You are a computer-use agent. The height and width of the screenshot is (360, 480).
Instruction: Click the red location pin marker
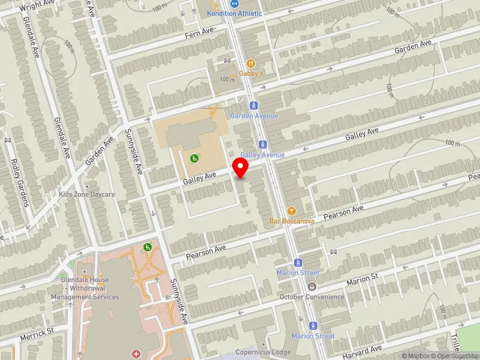(x=241, y=167)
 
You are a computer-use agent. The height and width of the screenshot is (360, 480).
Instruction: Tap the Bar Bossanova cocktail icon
(x=292, y=211)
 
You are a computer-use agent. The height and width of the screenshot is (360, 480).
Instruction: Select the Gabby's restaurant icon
(x=251, y=63)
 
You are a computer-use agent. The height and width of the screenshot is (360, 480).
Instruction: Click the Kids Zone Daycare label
(x=87, y=194)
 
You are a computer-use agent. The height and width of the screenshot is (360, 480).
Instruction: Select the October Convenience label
(x=312, y=296)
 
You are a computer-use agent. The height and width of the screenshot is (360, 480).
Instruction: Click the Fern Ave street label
(x=199, y=31)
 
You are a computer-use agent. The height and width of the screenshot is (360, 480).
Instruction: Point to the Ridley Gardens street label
(x=20, y=182)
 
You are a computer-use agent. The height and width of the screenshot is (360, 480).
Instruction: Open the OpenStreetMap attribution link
(x=458, y=356)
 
